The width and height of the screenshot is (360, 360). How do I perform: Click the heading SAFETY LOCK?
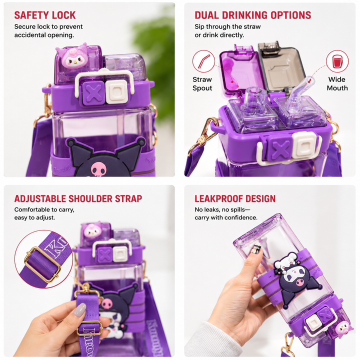click(45, 15)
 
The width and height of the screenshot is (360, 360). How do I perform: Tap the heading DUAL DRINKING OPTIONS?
click(253, 15)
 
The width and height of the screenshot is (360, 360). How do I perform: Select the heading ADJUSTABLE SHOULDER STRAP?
click(78, 198)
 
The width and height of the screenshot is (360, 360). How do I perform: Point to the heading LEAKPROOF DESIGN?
click(235, 198)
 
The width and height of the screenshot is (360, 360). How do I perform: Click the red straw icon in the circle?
click(203, 61)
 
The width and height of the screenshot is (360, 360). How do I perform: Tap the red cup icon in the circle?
click(337, 61)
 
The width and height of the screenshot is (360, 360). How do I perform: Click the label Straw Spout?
click(202, 84)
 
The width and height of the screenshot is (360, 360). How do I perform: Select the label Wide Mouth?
click(337, 84)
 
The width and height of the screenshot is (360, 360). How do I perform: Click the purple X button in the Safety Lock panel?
click(93, 93)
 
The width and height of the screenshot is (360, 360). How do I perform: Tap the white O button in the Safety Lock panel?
click(117, 92)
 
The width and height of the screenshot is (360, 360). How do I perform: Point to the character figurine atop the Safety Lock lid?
click(71, 56)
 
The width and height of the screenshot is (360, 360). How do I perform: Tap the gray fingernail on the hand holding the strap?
click(79, 309)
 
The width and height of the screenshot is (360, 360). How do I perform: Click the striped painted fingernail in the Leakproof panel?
click(256, 248)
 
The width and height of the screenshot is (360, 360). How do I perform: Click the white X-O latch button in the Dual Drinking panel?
click(304, 145)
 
